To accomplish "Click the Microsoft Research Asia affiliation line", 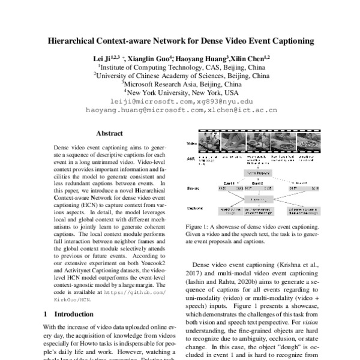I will (179, 85).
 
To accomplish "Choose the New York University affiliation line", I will (179, 93).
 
